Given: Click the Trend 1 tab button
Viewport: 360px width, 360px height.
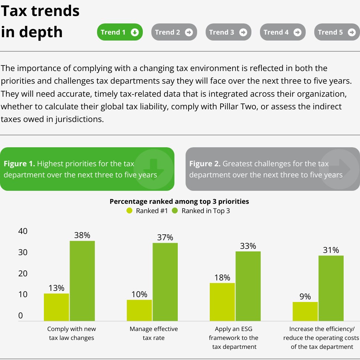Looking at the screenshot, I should pyautogui.click(x=119, y=32).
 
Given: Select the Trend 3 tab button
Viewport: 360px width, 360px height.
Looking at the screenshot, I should pyautogui.click(x=228, y=32).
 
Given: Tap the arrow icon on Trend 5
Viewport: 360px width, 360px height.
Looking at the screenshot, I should pyautogui.click(x=351, y=32).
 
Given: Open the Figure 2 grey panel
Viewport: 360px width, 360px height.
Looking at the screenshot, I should pyautogui.click(x=273, y=169).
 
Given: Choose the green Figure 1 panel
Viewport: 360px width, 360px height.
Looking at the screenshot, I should pyautogui.click(x=87, y=169).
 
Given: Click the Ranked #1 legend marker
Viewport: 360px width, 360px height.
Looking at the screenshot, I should pyautogui.click(x=129, y=211).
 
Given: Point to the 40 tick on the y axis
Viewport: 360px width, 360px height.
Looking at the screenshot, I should pyautogui.click(x=23, y=231).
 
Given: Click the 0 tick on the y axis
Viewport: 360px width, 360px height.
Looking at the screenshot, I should pyautogui.click(x=20, y=316).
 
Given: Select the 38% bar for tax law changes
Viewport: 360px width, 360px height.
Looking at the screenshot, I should pyautogui.click(x=82, y=281).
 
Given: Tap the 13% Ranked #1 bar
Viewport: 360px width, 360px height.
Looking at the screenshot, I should pyautogui.click(x=57, y=307).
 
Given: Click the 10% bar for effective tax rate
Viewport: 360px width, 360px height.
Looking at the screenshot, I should pyautogui.click(x=139, y=310).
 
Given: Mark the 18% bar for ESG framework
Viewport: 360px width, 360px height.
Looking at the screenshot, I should pyautogui.click(x=222, y=302).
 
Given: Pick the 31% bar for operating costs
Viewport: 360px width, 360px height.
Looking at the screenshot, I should pyautogui.click(x=331, y=288).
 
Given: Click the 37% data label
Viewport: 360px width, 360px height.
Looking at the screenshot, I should pyautogui.click(x=165, y=237).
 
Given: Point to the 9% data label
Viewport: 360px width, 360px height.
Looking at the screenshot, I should pyautogui.click(x=305, y=296).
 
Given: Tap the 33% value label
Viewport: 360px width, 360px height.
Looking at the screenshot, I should pyautogui.click(x=248, y=246).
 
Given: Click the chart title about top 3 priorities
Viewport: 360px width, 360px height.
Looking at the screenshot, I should pyautogui.click(x=179, y=202).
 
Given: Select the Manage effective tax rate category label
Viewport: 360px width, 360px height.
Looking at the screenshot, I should pyautogui.click(x=154, y=333).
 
